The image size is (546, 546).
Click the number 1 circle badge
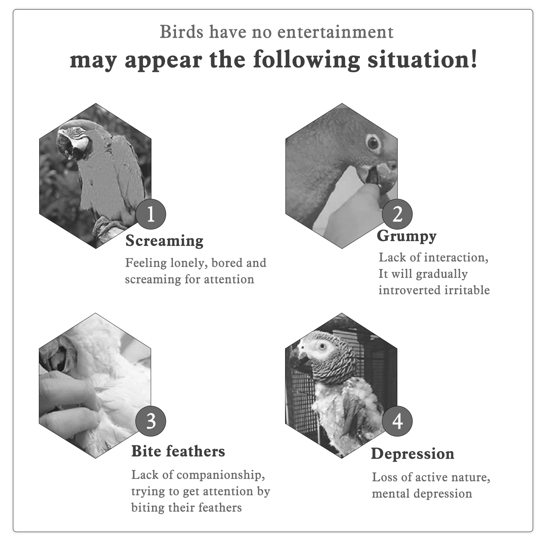(151, 214)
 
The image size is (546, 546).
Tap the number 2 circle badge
(397, 214)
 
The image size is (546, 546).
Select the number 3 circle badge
(151, 421)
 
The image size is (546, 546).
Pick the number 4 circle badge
(397, 421)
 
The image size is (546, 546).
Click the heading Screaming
(164, 241)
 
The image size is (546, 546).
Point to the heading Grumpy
(407, 236)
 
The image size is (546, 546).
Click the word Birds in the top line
(181, 32)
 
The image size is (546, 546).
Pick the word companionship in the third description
(221, 475)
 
